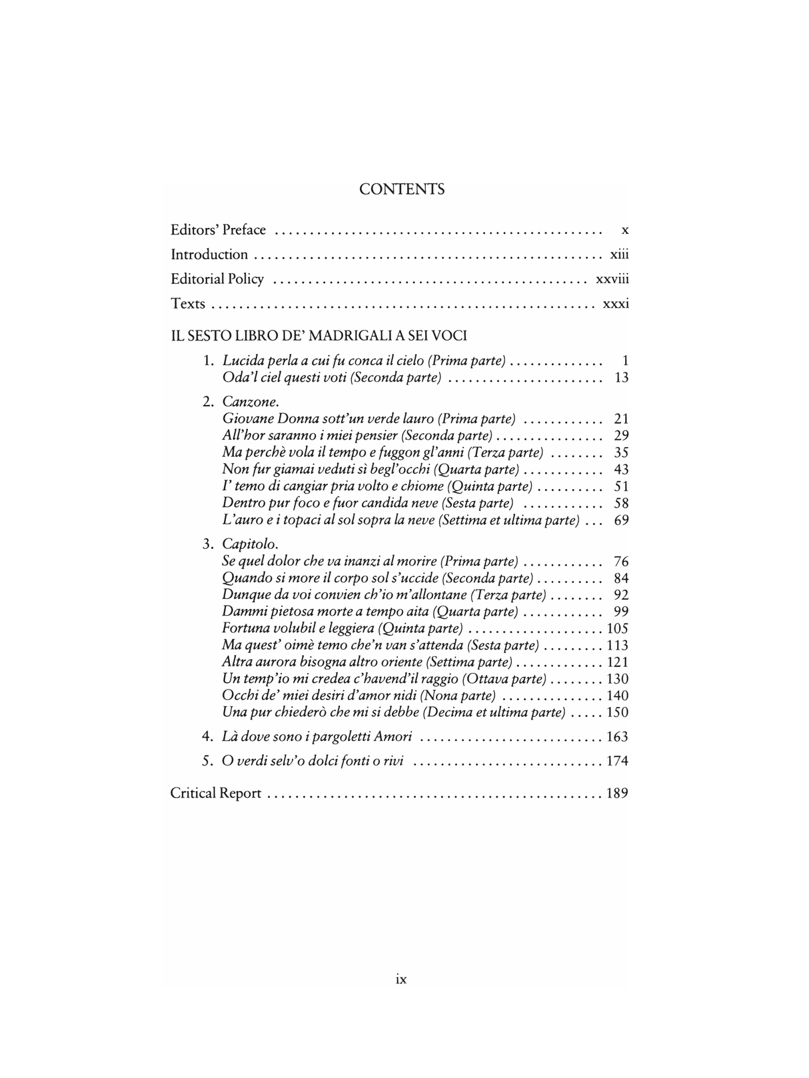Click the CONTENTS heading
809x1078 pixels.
[x=402, y=189]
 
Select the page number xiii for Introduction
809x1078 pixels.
[x=619, y=255]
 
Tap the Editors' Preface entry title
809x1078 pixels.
[x=218, y=230]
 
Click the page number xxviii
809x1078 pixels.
[x=612, y=279]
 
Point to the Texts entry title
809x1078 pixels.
[x=188, y=304]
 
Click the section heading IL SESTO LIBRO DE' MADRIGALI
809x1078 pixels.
[x=319, y=336]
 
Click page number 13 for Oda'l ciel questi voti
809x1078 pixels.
[x=621, y=378]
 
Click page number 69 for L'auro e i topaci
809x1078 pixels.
[x=621, y=520]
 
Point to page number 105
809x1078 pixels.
[x=617, y=629]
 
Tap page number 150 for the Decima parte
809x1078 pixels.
[x=617, y=712]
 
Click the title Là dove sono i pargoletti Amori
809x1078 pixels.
[x=317, y=737]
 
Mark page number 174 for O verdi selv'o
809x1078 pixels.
[x=617, y=762]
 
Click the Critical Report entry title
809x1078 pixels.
[x=216, y=794]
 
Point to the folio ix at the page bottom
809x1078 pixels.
[x=401, y=979]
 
